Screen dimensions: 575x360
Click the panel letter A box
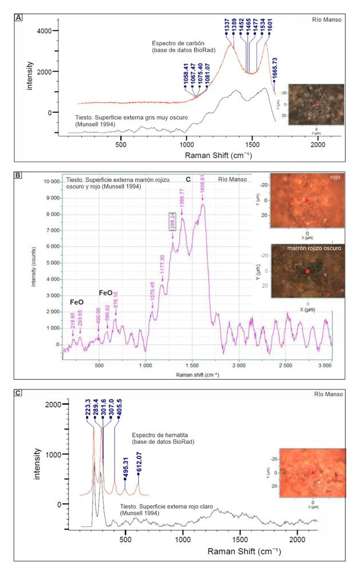click(19, 18)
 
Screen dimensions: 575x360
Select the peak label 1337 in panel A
click(227, 27)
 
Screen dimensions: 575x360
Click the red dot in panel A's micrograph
click(315, 105)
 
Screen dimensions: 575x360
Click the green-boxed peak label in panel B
click(171, 221)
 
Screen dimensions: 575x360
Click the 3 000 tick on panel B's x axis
click(325, 364)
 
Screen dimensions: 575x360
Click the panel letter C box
click(19, 393)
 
